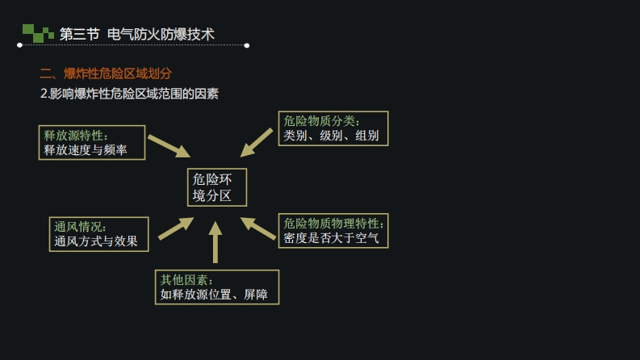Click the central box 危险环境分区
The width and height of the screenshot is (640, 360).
pos(216,187)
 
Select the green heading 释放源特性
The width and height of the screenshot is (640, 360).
pos(76,135)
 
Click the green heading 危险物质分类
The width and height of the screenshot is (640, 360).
pos(321,120)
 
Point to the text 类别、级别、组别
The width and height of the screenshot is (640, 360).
pos(331,136)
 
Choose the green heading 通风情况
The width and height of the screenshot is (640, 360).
pos(81,226)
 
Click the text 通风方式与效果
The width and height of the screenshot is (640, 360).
pos(96,241)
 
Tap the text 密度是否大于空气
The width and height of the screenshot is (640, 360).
pos(331,238)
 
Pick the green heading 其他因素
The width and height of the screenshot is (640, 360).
pos(186,279)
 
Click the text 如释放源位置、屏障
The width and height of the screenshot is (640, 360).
pos(214,295)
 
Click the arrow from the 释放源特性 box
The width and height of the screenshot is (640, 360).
pos(168,146)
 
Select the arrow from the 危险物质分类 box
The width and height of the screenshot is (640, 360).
pos(257,142)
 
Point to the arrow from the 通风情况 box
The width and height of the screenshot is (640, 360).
pos(175,228)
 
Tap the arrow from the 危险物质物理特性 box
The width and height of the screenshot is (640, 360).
pos(259,228)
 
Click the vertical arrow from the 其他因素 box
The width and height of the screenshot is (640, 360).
pos(215,242)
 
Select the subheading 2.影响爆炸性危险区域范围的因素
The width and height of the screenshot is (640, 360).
pos(129,94)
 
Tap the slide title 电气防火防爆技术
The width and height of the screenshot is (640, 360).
pos(161,34)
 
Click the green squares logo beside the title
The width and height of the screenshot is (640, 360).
pos(37,33)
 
